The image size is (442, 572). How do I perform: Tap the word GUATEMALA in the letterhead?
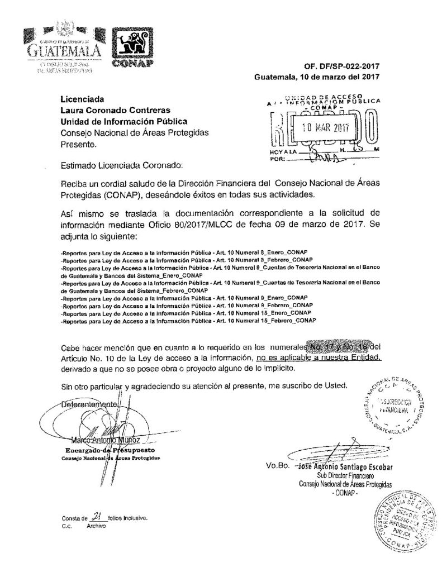point(63,51)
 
